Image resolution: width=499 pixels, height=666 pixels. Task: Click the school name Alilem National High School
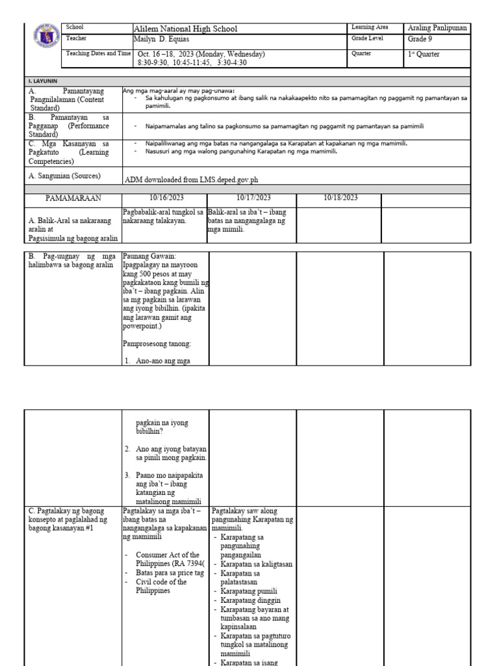(185, 29)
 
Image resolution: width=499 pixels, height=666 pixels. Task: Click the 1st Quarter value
(424, 55)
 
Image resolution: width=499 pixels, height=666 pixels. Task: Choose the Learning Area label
(370, 27)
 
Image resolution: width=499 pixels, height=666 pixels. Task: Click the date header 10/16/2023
(166, 198)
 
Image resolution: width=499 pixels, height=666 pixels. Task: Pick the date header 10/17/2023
(252, 198)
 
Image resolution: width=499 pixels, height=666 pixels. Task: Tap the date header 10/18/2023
(340, 198)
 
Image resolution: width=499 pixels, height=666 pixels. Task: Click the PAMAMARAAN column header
(73, 198)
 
